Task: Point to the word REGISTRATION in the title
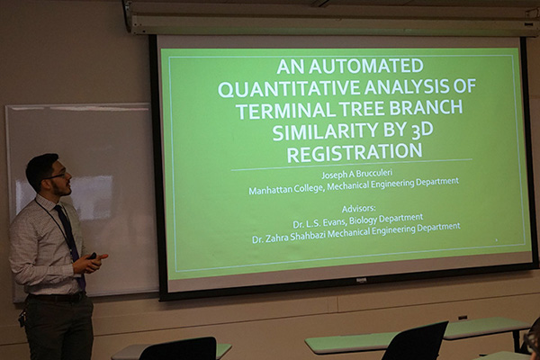point(355,152)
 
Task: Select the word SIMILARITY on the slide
point(324,131)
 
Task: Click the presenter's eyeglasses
point(58,176)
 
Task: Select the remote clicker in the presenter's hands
point(94,256)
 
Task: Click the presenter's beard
point(61,189)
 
